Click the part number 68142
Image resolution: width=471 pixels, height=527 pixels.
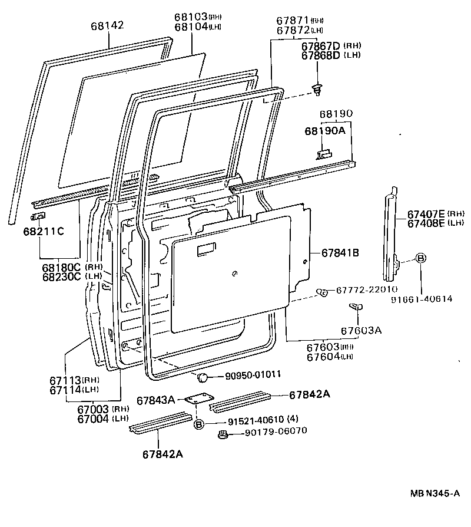click(x=108, y=26)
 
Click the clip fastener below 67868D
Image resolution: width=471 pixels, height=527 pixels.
click(x=318, y=89)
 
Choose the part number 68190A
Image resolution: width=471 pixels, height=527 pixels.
click(x=325, y=130)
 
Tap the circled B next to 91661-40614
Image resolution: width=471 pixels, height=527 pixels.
click(x=421, y=258)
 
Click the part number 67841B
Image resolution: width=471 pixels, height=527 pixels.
click(x=340, y=252)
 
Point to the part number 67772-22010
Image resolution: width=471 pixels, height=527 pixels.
click(x=367, y=289)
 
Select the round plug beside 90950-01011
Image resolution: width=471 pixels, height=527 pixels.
click(x=201, y=377)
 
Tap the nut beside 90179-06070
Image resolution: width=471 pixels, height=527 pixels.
click(x=223, y=435)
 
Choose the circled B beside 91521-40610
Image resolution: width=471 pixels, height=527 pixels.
click(x=199, y=423)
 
